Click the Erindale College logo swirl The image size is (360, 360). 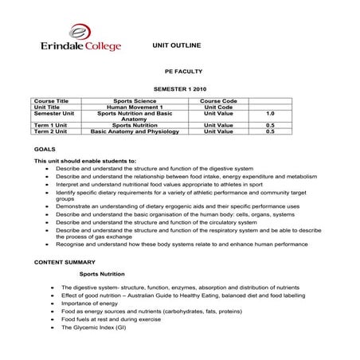80,32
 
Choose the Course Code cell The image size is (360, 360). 217,101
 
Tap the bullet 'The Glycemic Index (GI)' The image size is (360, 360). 94,327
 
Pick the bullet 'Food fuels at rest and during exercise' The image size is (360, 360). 112,319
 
